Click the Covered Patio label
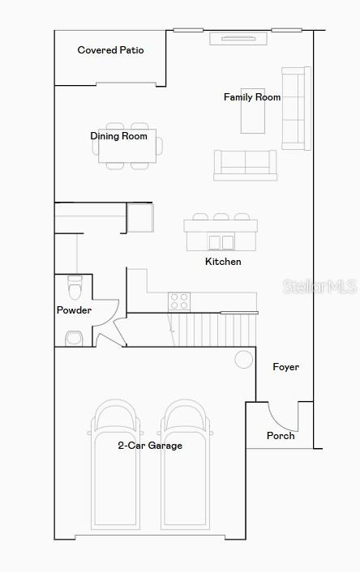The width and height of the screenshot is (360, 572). (110, 50)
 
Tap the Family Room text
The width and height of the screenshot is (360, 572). (252, 97)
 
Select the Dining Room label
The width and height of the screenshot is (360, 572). (118, 136)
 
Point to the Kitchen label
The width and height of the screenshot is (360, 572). (223, 262)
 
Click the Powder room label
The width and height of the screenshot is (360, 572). (74, 310)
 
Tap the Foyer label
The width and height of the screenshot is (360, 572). (286, 367)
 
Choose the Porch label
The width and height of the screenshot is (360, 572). (281, 436)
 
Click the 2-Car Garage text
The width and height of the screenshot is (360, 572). (150, 446)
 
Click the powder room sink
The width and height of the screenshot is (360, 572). (74, 339)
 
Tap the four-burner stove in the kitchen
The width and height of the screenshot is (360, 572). (179, 301)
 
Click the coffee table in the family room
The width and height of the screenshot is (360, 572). (253, 111)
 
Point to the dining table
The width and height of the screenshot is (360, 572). (127, 146)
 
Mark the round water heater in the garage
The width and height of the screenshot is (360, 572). (243, 360)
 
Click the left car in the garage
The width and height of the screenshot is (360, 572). (115, 464)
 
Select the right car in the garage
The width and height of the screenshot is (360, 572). (186, 464)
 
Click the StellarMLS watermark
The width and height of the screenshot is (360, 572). (319, 287)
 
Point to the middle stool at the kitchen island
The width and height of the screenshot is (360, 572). (221, 216)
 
